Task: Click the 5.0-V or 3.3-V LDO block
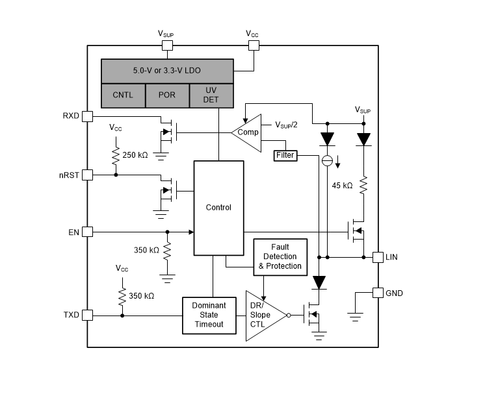point(167,70)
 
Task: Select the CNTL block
point(123,95)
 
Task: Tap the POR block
point(166,95)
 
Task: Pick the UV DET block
point(211,95)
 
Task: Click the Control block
point(218,208)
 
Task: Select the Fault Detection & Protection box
point(280,256)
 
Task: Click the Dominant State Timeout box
point(208,315)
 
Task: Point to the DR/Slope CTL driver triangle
point(262,315)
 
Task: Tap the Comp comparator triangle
point(248,132)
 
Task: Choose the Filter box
point(285,156)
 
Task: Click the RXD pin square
point(88,116)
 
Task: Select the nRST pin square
point(88,175)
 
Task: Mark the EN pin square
point(88,232)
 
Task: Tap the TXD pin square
point(88,315)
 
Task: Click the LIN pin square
point(377,257)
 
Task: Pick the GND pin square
point(377,293)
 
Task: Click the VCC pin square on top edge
point(254,45)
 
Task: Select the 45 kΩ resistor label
point(342,185)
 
